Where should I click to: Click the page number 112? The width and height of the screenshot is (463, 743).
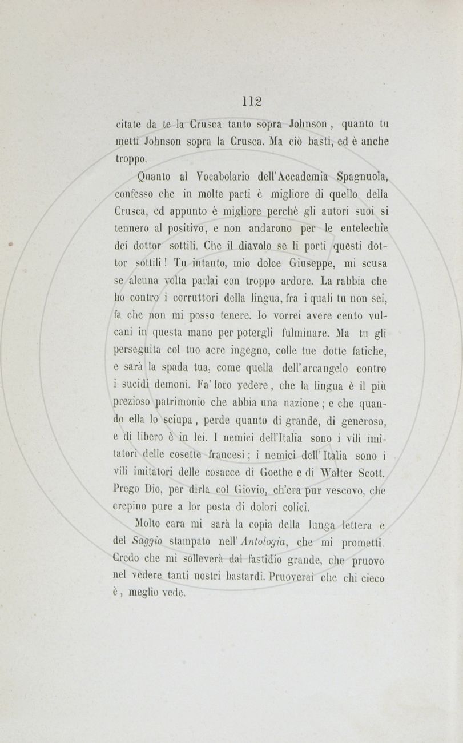point(251,101)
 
